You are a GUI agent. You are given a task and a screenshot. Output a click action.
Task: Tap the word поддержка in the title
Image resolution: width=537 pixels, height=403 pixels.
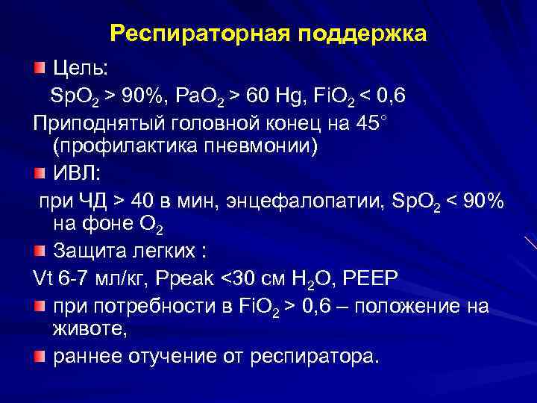pyautogui.click(x=364, y=35)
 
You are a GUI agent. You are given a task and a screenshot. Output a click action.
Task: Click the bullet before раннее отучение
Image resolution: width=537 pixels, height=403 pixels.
pyautogui.click(x=39, y=356)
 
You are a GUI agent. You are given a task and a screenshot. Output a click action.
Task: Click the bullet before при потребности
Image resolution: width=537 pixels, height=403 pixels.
pyautogui.click(x=39, y=305)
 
